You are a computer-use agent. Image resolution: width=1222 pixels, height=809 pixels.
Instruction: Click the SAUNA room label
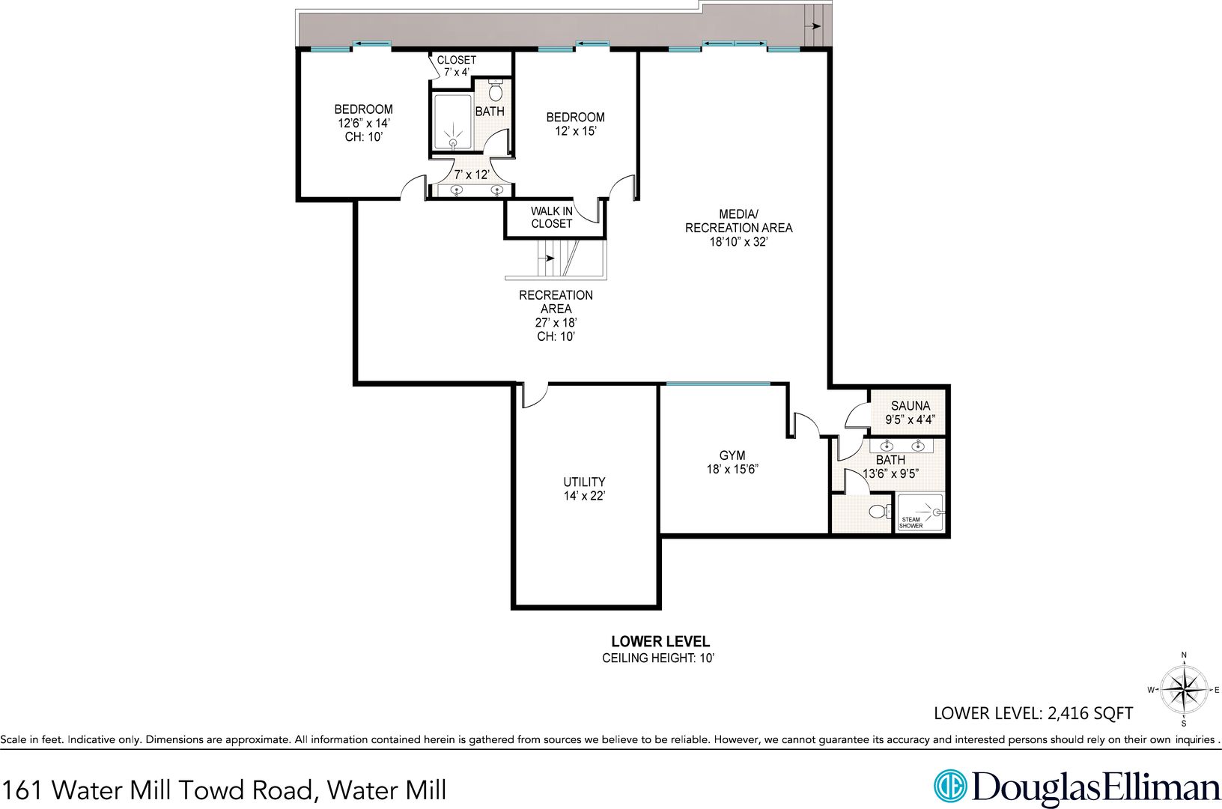910,406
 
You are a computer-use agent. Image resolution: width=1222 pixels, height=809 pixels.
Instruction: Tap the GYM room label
732,455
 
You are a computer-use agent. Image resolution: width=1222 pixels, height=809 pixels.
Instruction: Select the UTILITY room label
584,482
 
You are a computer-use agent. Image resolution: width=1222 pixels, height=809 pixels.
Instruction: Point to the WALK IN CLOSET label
552,217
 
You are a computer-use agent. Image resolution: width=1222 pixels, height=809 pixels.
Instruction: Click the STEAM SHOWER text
911,522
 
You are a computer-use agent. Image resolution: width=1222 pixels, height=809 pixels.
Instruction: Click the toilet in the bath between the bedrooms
495,91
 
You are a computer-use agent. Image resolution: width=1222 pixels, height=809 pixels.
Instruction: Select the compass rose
1183,690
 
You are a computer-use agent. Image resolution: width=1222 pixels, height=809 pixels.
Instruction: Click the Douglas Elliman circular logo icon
950,787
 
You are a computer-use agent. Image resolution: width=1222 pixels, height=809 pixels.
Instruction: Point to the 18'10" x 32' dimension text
738,242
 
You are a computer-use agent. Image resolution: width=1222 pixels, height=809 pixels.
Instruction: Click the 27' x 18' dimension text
556,323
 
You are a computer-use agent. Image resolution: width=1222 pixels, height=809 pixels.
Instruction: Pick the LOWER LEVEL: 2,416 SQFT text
1033,713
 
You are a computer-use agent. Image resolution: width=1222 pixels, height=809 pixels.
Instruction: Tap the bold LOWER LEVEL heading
660,641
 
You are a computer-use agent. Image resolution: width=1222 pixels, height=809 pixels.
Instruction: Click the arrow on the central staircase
547,258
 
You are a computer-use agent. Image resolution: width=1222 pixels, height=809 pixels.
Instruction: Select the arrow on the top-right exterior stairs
815,25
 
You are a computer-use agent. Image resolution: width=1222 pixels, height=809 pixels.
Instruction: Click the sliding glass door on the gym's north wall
718,384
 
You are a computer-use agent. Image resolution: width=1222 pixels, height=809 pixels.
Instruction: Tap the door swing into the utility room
535,397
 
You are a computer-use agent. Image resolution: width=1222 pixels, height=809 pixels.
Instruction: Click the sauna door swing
857,416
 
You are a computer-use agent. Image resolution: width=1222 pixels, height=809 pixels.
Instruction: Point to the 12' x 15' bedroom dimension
576,131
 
